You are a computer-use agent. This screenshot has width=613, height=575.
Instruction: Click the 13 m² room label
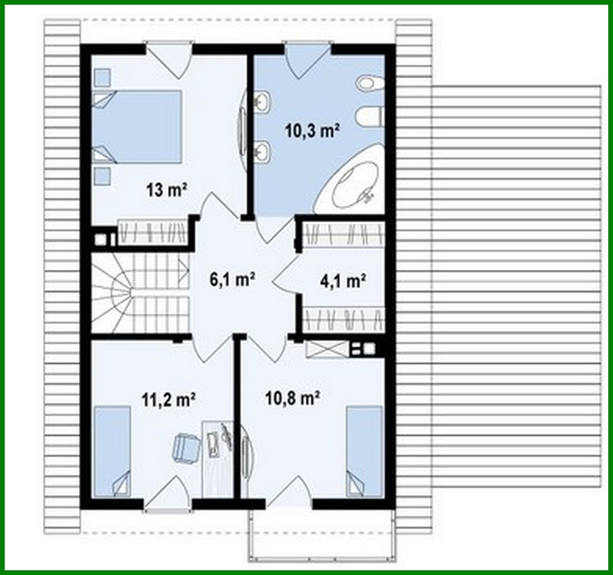(x=167, y=190)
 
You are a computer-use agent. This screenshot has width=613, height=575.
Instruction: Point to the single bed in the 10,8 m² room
(x=364, y=450)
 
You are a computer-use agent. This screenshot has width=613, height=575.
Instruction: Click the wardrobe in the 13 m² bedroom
(x=152, y=231)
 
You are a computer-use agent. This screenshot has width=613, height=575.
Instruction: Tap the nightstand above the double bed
(x=102, y=78)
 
